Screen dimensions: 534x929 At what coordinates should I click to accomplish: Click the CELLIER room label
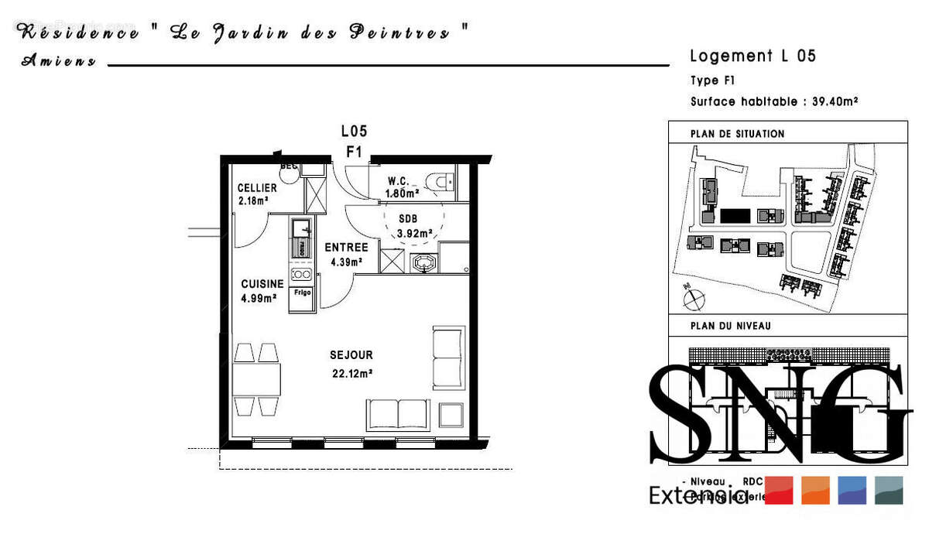tap(257, 188)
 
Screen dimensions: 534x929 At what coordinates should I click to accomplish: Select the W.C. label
tap(399, 181)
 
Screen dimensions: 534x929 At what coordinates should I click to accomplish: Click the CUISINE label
tap(262, 284)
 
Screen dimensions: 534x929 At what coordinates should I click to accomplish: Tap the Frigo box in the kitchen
tap(302, 293)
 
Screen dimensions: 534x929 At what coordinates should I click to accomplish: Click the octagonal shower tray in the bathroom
tap(423, 263)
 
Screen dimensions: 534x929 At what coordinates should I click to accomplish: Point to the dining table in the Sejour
tap(256, 379)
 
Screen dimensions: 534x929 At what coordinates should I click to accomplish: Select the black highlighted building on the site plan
tap(736, 214)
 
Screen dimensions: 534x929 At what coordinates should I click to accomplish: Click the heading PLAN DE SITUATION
tap(737, 134)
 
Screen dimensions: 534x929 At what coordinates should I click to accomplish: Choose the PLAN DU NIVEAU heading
tap(730, 326)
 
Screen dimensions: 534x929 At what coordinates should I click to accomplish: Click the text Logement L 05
tap(752, 56)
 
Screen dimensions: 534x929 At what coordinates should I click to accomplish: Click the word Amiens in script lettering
tap(59, 61)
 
